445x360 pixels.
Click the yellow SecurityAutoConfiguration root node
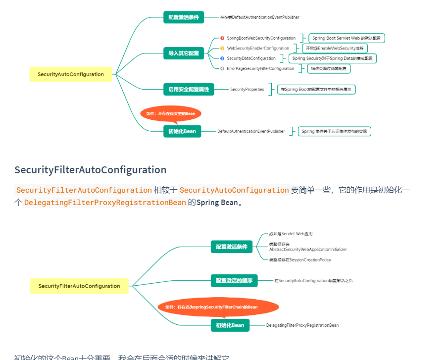tap(70, 74)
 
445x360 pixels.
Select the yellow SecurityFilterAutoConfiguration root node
tap(79, 286)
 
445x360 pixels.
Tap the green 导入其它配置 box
tap(183, 53)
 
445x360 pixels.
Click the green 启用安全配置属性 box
tap(189, 90)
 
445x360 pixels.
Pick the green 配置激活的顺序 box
tap(234, 281)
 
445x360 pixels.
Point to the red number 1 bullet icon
tap(222, 38)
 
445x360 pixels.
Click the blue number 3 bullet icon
tap(222, 58)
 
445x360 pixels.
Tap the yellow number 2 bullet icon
tap(222, 49)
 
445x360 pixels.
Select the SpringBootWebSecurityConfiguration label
tap(261, 38)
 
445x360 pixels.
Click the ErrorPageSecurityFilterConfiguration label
tap(260, 68)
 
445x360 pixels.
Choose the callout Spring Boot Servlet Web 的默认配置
tap(347, 38)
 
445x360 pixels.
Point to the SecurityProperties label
tap(247, 90)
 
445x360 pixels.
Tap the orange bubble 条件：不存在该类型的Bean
tap(171, 113)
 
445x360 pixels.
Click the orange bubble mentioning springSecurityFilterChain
tap(218, 307)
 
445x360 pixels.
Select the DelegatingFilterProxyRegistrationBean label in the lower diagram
tap(302, 325)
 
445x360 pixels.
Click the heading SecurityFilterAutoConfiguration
tap(91, 170)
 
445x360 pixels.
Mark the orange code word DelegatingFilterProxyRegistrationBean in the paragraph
tap(105, 203)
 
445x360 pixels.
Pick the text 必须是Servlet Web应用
tap(291, 234)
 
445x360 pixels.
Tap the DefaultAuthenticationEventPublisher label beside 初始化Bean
tap(251, 131)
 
